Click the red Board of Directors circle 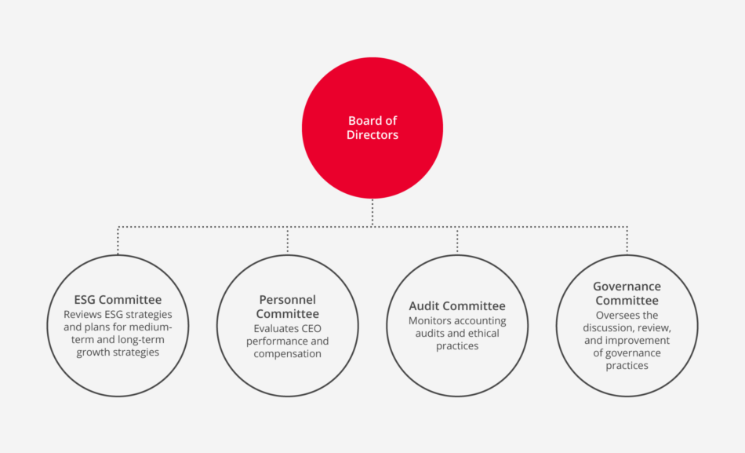(372, 128)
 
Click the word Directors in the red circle (372, 135)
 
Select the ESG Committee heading (118, 299)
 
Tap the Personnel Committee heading (288, 306)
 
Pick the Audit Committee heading (457, 305)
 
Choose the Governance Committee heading (627, 293)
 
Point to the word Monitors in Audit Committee (428, 321)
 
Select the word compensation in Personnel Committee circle (288, 354)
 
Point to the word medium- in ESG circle (151, 327)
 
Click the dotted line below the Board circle (372, 213)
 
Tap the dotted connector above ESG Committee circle (118, 240)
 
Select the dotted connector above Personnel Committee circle (288, 240)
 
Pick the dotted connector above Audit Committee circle (457, 240)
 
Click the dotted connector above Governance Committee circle (627, 240)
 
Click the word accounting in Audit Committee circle (479, 321)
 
